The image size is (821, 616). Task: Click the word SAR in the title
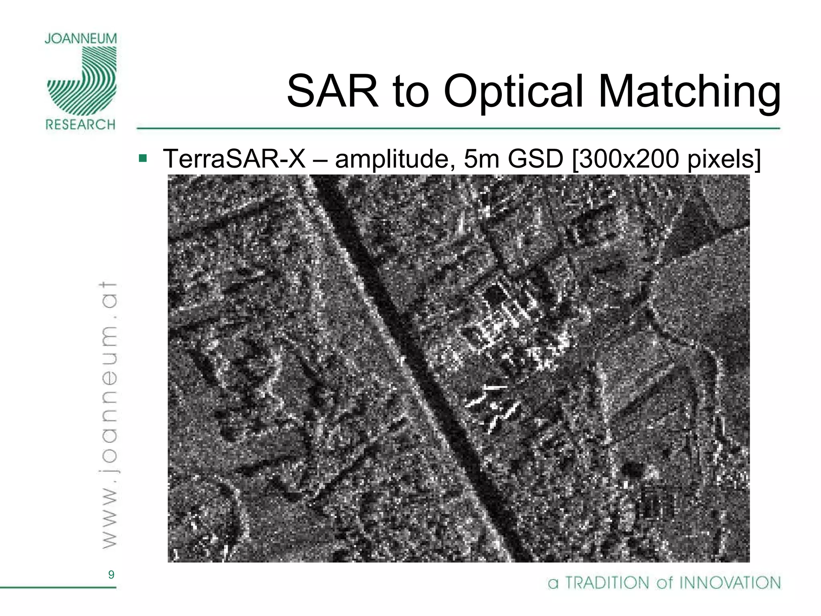click(332, 91)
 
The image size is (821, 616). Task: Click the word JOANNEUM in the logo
click(81, 39)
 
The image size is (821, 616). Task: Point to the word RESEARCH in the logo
click(81, 124)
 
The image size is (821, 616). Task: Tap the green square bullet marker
click(142, 158)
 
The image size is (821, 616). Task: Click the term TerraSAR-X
click(234, 159)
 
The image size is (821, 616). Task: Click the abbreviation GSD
click(536, 159)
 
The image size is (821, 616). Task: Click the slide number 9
click(111, 575)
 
